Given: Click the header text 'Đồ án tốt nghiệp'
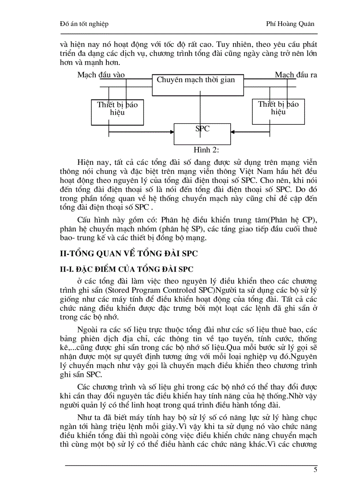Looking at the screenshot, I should [84, 24].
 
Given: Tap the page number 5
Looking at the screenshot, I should [315, 469].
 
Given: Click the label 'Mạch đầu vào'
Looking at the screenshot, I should [101, 75].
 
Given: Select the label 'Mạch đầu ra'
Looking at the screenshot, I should [296, 75].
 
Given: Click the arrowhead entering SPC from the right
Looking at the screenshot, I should [233, 131].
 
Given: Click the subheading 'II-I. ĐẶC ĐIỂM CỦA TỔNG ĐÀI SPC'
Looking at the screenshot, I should [126, 268].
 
